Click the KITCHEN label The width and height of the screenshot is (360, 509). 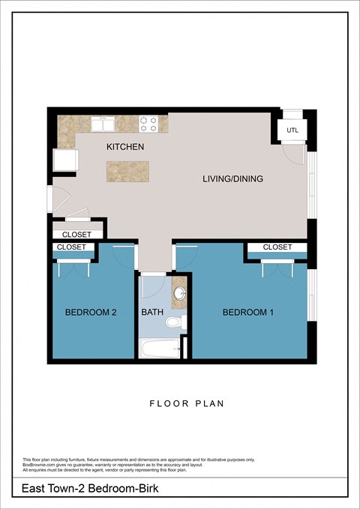pyautogui.click(x=124, y=147)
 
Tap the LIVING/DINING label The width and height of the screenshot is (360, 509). pyautogui.click(x=233, y=179)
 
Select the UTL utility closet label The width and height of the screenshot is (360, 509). pyautogui.click(x=292, y=131)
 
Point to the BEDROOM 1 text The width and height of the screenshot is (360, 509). pyautogui.click(x=248, y=313)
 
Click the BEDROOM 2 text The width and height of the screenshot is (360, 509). pyautogui.click(x=90, y=313)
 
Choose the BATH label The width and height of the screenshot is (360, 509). pyautogui.click(x=152, y=313)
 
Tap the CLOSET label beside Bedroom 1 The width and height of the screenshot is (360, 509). pyautogui.click(x=277, y=247)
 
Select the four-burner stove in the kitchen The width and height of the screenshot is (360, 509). pyautogui.click(x=148, y=123)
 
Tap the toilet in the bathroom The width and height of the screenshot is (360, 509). pyautogui.click(x=173, y=322)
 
